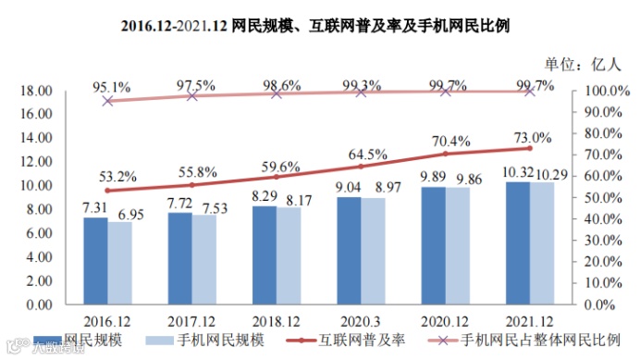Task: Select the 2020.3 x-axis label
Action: [361, 317]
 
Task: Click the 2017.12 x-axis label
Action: [191, 317]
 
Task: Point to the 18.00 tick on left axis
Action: [34, 91]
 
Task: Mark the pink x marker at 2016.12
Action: [107, 100]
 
